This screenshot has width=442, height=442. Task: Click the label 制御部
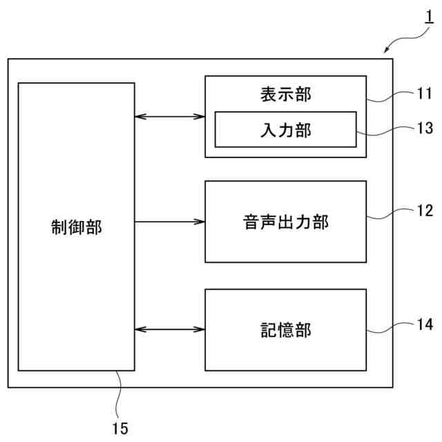point(76,227)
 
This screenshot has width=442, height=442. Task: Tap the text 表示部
point(285,94)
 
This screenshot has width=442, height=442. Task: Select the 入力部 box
point(285,130)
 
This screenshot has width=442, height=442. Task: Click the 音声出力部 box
point(285,222)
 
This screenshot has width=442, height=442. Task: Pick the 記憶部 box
point(285,329)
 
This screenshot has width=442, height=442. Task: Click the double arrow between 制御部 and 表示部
point(170,117)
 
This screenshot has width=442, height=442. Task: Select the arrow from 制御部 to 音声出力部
point(170,222)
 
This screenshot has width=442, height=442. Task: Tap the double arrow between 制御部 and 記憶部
point(170,329)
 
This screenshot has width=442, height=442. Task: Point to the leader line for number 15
point(118,394)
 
